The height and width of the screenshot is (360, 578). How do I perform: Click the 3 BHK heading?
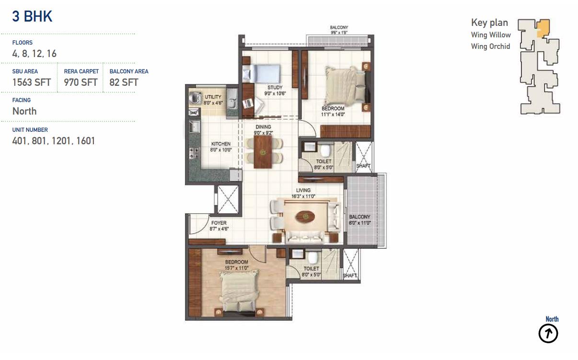(x=32, y=16)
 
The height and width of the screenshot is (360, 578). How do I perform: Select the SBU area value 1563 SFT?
(x=32, y=82)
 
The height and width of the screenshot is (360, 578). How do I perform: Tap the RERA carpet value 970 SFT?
(x=81, y=82)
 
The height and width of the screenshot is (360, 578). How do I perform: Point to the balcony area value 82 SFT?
(x=124, y=82)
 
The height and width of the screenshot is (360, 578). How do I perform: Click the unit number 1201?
(x=61, y=141)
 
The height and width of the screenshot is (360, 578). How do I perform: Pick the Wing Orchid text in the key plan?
(x=490, y=46)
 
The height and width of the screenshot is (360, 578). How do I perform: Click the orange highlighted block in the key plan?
(x=543, y=28)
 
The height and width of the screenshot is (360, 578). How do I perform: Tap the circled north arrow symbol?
(x=548, y=334)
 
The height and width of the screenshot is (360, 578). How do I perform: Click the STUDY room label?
(x=275, y=88)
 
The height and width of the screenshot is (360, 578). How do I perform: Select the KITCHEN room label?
(x=221, y=144)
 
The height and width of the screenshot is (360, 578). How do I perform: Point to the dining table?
(x=263, y=152)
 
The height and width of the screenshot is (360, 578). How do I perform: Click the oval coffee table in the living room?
(x=305, y=216)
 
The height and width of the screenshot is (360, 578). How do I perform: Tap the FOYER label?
(x=219, y=223)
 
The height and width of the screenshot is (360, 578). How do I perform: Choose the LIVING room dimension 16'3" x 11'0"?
(x=303, y=197)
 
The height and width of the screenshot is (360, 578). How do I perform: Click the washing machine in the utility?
(x=196, y=98)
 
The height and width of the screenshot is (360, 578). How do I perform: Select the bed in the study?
(x=261, y=73)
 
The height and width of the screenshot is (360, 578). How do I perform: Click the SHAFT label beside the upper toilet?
(x=363, y=166)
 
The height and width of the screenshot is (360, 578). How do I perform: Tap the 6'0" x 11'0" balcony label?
(x=360, y=223)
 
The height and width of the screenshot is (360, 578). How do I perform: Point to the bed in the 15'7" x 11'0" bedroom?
(x=239, y=293)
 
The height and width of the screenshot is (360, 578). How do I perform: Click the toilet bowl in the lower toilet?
(x=313, y=257)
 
